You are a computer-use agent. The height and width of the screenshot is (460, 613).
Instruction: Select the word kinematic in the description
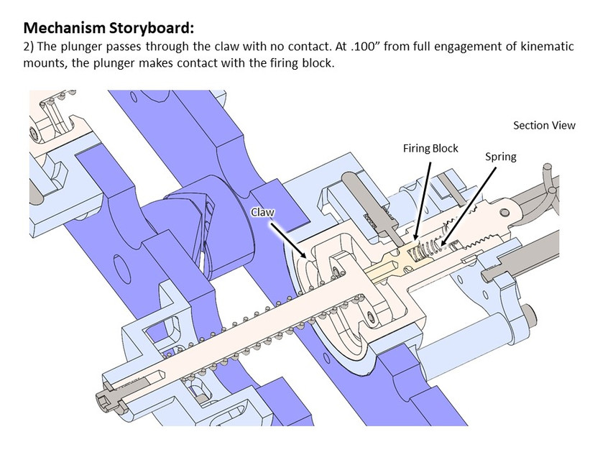(x=543, y=47)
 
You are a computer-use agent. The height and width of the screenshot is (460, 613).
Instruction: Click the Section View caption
(x=544, y=125)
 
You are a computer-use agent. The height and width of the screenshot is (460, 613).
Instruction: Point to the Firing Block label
(x=430, y=149)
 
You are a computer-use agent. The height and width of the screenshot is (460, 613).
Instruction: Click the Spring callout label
(x=500, y=156)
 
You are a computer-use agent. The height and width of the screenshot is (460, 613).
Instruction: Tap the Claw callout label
(x=262, y=212)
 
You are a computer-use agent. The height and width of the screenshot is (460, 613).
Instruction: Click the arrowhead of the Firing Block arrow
(x=415, y=238)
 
